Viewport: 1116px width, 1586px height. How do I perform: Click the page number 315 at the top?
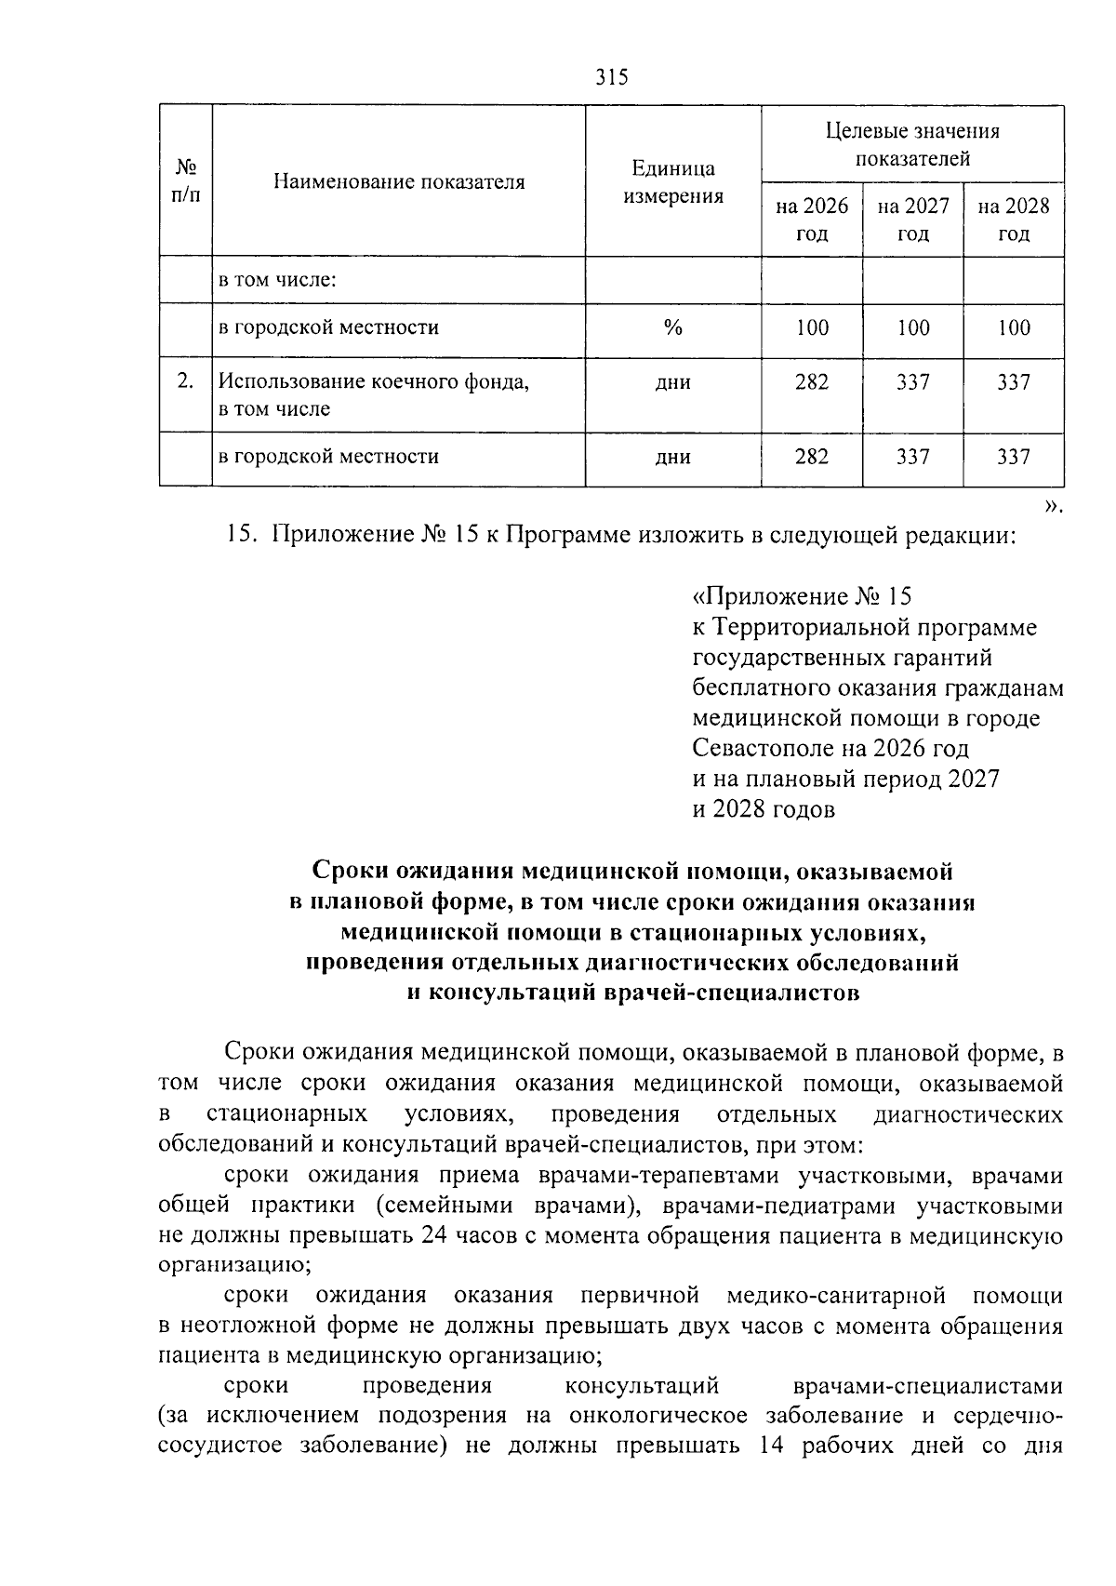[611, 77]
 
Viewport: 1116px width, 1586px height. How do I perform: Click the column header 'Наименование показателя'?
[399, 182]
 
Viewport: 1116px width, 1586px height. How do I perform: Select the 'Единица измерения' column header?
[673, 182]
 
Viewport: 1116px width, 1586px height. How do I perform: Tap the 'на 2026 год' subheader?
[812, 220]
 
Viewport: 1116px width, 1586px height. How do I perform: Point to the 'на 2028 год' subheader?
[1014, 220]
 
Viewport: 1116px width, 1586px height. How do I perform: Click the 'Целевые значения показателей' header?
[912, 144]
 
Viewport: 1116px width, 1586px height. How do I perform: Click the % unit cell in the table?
[673, 327]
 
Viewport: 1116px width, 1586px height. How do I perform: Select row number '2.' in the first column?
[186, 381]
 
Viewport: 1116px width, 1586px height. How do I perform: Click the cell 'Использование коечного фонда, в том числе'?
[372, 394]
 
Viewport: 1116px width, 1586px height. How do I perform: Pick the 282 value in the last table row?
[812, 457]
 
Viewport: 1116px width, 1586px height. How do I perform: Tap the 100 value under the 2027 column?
[912, 327]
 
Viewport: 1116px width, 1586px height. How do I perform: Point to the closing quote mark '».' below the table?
[1052, 507]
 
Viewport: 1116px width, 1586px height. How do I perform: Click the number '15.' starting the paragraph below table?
[241, 536]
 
